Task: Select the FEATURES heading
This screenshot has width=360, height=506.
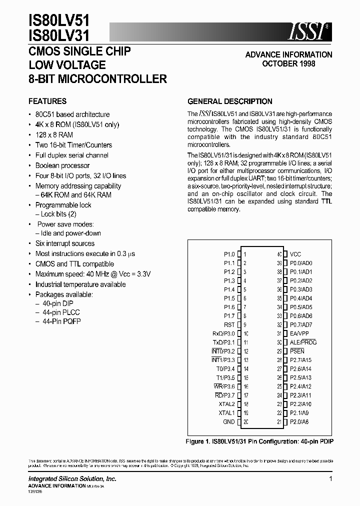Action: pos(47,101)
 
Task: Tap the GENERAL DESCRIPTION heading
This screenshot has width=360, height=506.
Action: pos(230,101)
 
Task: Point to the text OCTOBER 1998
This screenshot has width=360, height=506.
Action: pos(288,64)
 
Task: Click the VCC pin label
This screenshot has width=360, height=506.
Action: pos(295,254)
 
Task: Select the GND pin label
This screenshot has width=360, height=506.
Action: pos(228,422)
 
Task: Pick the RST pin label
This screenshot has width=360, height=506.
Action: pos(229,325)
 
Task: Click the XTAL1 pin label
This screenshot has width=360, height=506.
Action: pos(226,413)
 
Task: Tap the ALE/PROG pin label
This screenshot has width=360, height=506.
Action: pos(303,342)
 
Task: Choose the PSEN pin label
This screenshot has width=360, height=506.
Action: pos(297,351)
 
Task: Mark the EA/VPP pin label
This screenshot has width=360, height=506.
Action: pos(299,333)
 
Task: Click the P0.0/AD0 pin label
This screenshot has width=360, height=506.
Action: pos(301,263)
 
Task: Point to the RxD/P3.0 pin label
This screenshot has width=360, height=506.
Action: pos(223,333)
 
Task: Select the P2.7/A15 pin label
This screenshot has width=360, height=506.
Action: pos(300,360)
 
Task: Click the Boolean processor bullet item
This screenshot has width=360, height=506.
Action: pos(62,165)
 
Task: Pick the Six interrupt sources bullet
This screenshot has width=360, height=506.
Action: pos(65,243)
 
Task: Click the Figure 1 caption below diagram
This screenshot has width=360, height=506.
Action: pos(260,441)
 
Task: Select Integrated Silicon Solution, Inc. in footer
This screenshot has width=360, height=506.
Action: pos(72,479)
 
